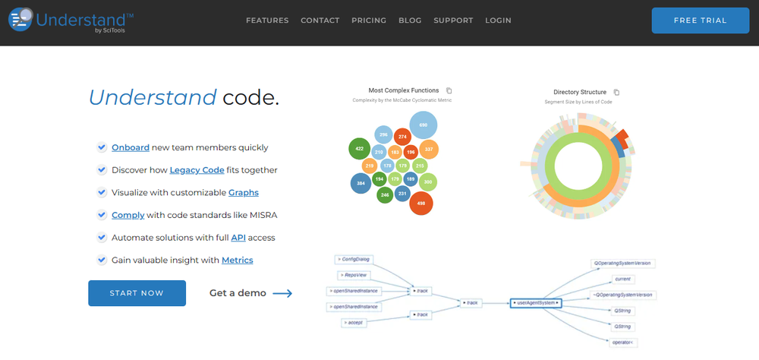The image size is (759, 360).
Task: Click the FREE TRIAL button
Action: point(700,21)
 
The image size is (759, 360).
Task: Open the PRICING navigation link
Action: point(369,21)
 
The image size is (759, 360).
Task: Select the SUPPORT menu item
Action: point(453,21)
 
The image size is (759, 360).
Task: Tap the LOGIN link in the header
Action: point(498,21)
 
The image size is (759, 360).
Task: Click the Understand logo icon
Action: point(20,18)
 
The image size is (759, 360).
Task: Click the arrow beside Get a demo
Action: point(282,293)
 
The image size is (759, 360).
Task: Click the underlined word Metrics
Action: point(237,260)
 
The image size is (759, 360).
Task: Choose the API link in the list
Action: point(238,238)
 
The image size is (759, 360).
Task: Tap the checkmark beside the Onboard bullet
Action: point(102,148)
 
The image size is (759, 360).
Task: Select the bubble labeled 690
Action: point(423,125)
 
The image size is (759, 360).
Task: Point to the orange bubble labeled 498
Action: point(420,203)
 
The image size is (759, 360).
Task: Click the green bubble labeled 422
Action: point(359,149)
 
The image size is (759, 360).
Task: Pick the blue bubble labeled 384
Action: point(361,183)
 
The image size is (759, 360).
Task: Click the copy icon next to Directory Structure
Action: point(616,92)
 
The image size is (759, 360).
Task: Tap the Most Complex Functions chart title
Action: point(403,90)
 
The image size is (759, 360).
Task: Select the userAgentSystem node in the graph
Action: point(537,302)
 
